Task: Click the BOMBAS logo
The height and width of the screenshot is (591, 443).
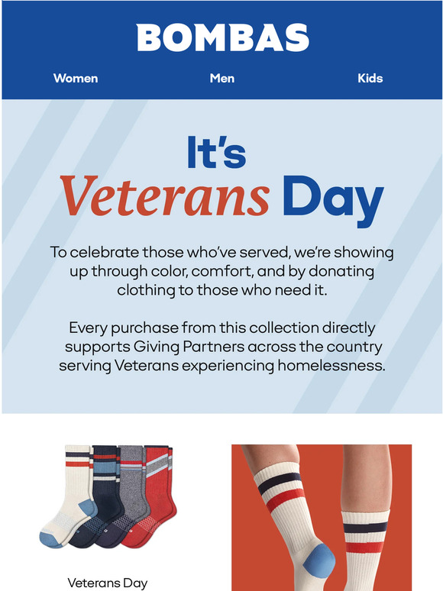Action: tap(221, 37)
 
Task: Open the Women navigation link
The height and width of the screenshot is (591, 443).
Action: tap(76, 78)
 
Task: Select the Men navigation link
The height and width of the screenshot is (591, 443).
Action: tap(221, 78)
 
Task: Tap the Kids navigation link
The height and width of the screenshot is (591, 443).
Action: tap(370, 78)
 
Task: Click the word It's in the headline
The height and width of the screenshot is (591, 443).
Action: tap(216, 153)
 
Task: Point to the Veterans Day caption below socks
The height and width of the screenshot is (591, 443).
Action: tap(107, 583)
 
